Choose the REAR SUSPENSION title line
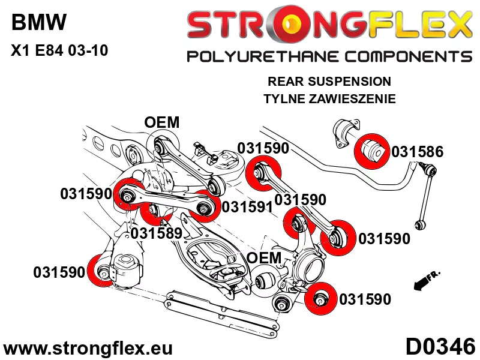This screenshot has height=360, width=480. (329, 81)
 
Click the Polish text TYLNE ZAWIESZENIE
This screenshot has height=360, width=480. (329, 99)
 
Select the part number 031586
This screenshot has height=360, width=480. (418, 152)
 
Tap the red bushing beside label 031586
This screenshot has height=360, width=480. (373, 151)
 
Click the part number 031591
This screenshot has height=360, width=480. (247, 207)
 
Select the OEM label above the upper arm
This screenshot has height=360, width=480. (162, 122)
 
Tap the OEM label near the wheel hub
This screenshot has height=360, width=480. (264, 257)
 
